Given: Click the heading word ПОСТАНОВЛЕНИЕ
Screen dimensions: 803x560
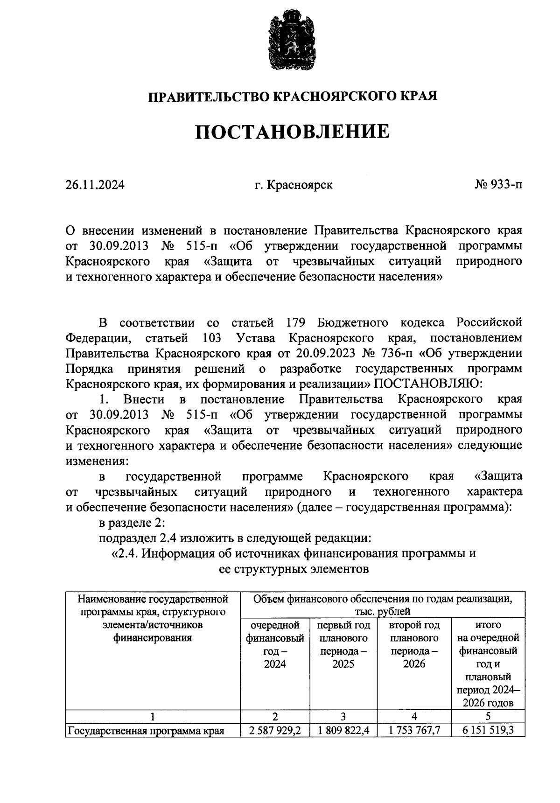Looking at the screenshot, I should click(292, 132).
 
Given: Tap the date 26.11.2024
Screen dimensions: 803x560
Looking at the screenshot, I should click(95, 185).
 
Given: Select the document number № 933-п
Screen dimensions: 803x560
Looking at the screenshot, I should click(498, 185).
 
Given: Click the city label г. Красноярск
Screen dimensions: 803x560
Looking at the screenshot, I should click(294, 185).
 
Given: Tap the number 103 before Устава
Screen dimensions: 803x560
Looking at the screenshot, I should click(212, 338).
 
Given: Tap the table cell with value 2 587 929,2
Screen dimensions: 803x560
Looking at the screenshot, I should click(275, 730).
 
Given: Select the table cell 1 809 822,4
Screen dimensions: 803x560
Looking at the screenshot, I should click(344, 730).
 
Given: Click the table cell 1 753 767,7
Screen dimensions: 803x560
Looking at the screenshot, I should click(414, 730).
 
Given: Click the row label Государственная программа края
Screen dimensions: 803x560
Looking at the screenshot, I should click(147, 731).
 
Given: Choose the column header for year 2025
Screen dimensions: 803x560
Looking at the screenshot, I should click(343, 644).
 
